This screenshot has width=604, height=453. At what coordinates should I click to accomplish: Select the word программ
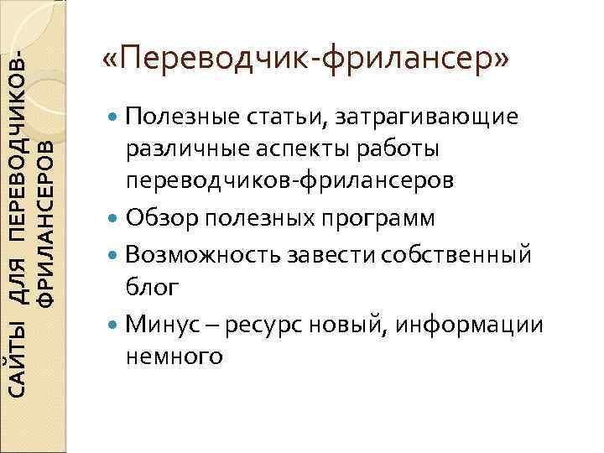tap(376, 218)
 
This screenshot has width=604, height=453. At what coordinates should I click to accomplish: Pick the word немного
tap(173, 357)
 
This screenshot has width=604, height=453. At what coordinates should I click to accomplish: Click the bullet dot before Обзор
tap(114, 219)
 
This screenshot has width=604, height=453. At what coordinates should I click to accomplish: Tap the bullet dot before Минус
tap(114, 324)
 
